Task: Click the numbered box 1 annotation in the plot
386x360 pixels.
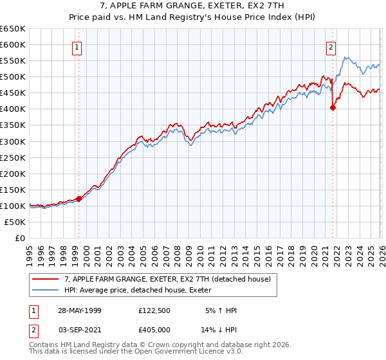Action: (x=77, y=46)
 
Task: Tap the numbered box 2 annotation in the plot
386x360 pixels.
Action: (x=331, y=46)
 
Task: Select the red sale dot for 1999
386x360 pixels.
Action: (x=78, y=199)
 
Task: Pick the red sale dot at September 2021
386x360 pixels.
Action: (x=333, y=108)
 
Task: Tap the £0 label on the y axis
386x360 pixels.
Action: (x=19, y=238)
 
